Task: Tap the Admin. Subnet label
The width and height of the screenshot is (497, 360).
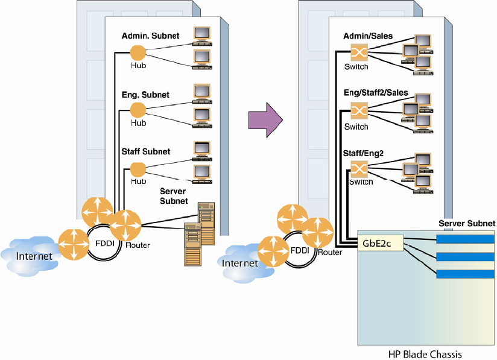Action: click(x=150, y=36)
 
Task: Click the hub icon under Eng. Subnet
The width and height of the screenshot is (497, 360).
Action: click(x=139, y=110)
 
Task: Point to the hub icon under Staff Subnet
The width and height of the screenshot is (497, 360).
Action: click(x=139, y=169)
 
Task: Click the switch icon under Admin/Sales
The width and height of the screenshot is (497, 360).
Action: click(x=359, y=52)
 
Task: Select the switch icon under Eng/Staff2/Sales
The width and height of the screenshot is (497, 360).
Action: click(x=359, y=111)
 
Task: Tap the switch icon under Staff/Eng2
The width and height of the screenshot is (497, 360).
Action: click(x=359, y=168)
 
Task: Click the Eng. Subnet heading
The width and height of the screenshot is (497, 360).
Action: click(x=145, y=95)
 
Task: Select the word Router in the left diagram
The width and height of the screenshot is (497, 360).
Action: click(x=138, y=245)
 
